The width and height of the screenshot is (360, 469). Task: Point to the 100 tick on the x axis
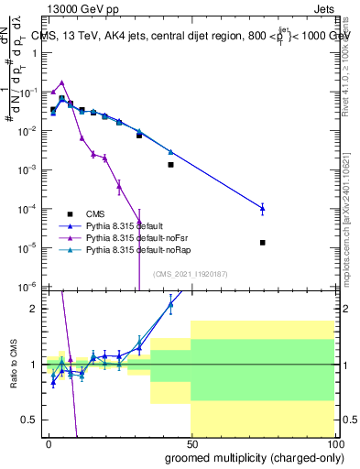(335, 441)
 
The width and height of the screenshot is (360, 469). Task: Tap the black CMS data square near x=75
(263, 243)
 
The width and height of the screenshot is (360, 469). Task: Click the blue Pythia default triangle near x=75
(263, 208)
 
